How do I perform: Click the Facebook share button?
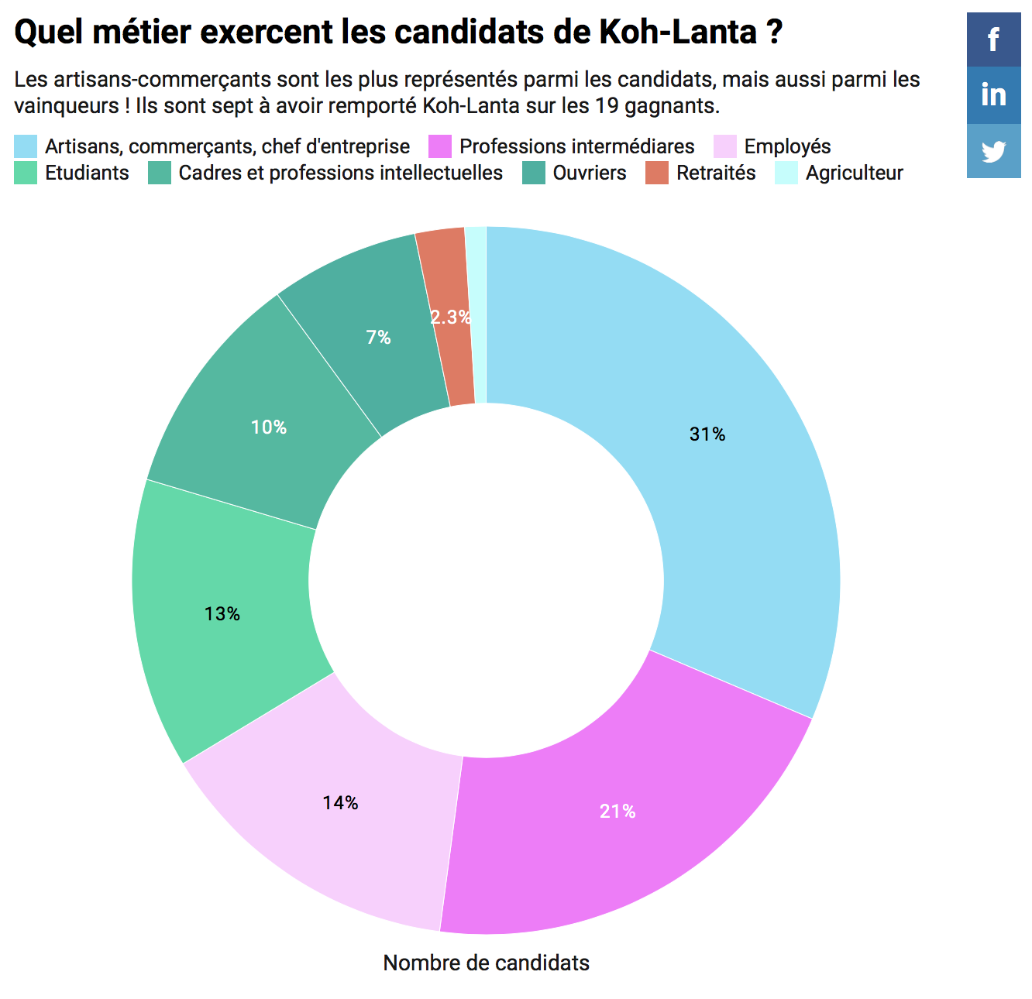[x=993, y=39]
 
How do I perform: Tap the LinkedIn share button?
[x=993, y=95]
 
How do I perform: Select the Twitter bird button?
[x=993, y=151]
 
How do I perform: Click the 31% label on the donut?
[x=707, y=434]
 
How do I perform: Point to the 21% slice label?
[x=617, y=811]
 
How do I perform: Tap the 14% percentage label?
[x=341, y=803]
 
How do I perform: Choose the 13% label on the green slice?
[x=222, y=614]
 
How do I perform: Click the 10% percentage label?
[x=269, y=427]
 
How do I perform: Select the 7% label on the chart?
[x=378, y=337]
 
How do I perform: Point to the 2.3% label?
[x=450, y=317]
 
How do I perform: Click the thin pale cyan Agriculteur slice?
[x=477, y=310]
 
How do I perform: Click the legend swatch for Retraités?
[x=657, y=173]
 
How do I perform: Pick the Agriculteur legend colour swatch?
[x=786, y=173]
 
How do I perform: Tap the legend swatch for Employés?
[x=724, y=146]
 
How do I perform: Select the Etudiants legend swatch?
[x=26, y=173]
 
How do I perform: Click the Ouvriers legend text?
[x=589, y=173]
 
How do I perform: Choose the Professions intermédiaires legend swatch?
[x=440, y=146]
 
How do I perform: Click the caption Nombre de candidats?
[x=486, y=963]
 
